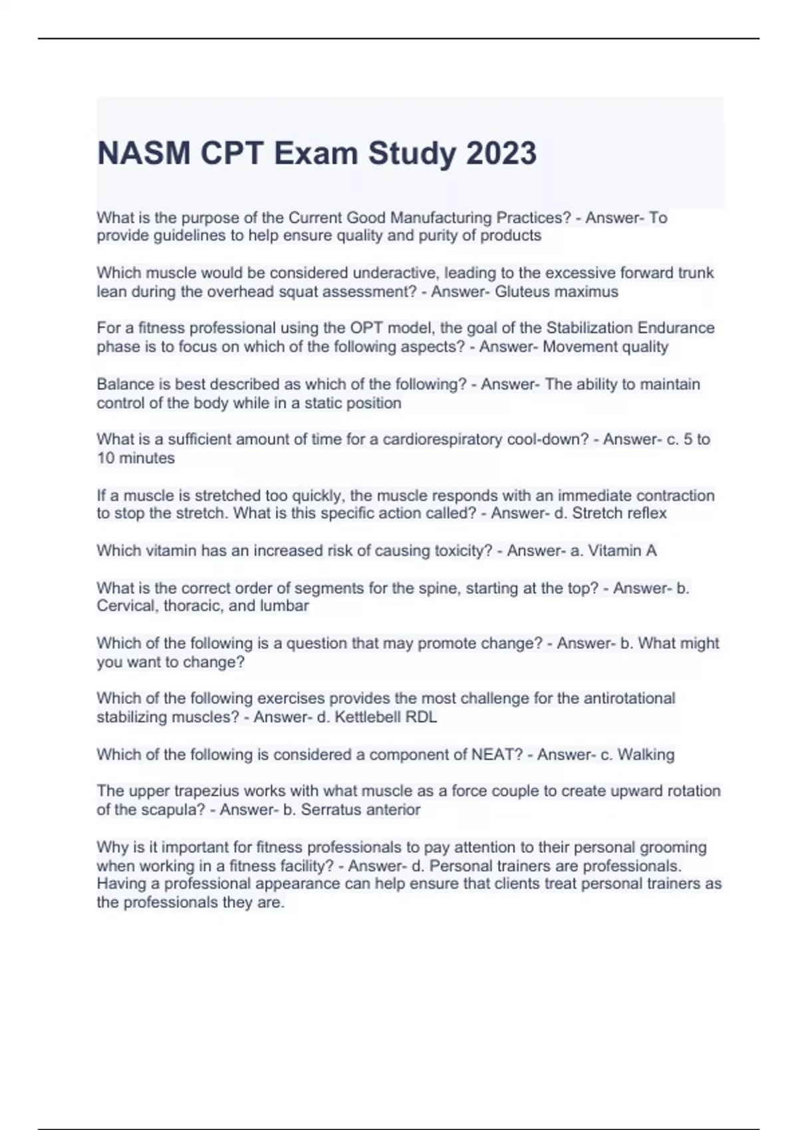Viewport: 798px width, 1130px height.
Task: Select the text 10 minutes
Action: tap(136, 458)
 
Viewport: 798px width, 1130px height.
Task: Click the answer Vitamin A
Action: tap(623, 550)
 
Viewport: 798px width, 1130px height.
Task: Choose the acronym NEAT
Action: tap(497, 754)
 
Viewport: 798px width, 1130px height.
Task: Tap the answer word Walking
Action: tap(646, 754)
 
